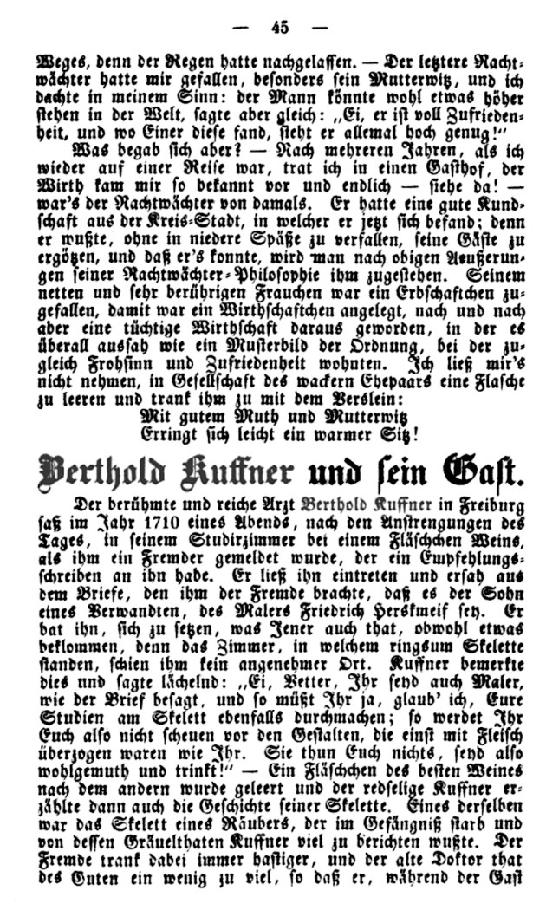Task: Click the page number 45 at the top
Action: [279, 27]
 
